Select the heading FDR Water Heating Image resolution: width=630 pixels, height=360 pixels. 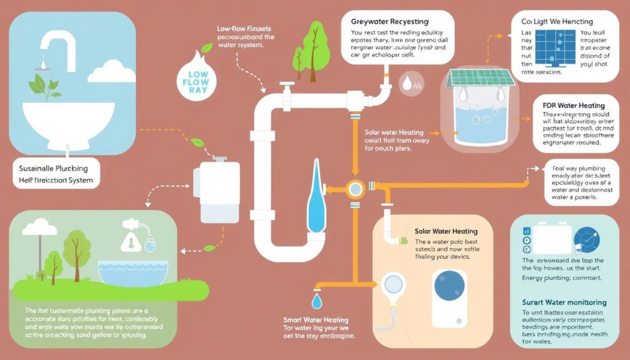click(573, 105)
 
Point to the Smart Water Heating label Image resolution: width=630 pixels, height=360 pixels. click(316, 320)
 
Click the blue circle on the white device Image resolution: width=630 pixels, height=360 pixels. click(449, 286)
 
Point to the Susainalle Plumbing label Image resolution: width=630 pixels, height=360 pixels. click(52, 167)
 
